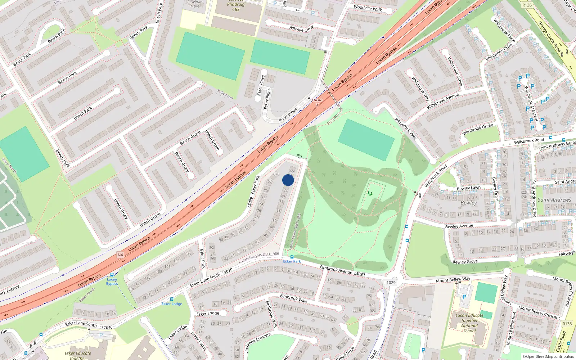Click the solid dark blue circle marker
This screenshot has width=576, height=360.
click(288, 180)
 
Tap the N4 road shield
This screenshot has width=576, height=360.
click(120, 255)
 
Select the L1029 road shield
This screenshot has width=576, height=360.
click(390, 283)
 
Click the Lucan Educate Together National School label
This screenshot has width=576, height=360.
click(469, 323)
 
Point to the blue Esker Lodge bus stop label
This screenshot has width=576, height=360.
click(172, 304)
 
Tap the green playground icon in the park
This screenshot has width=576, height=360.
click(370, 193)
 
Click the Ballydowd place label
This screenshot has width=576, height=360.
click(225, 95)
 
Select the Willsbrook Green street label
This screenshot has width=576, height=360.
click(478, 129)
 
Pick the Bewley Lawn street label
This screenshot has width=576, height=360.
click(468, 188)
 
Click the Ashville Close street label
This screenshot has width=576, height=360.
click(302, 28)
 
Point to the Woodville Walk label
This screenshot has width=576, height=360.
click(368, 8)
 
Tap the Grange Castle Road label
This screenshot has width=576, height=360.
click(549, 36)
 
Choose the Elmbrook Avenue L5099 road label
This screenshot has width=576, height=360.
click(342, 271)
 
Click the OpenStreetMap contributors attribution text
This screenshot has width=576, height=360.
click(548, 356)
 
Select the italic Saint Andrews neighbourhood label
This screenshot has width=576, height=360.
click(554, 200)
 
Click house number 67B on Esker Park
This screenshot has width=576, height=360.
click(276, 174)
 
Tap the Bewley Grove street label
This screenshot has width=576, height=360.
click(465, 262)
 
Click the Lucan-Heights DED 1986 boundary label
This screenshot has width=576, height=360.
click(258, 257)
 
